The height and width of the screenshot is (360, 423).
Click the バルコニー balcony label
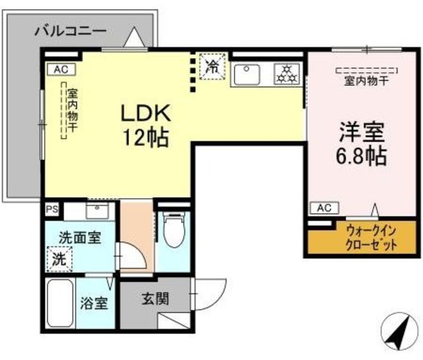[71, 30]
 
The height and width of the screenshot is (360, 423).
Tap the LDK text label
[146, 113]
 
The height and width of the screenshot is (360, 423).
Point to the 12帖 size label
[146, 138]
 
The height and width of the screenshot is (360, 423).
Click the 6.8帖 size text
[359, 157]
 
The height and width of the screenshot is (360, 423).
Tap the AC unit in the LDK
[61, 69]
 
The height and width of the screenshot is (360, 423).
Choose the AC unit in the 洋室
[324, 208]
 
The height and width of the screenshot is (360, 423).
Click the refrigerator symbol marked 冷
[213, 66]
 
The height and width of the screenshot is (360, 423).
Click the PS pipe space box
[52, 209]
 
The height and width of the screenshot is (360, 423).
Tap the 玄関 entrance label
[155, 299]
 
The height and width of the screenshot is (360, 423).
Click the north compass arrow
[399, 331]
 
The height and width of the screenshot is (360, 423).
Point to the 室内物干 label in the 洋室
[367, 81]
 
